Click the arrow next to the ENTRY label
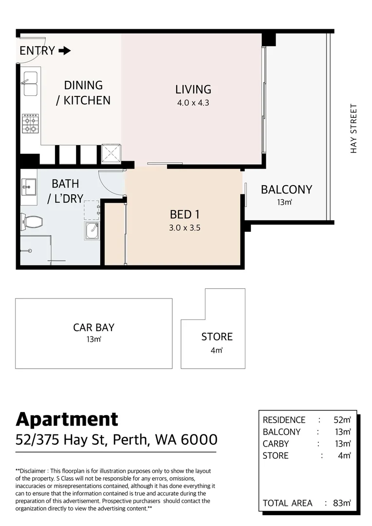coord(64,51)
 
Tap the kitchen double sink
coord(30,84)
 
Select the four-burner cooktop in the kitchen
coord(30,123)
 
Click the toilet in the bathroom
coord(32,223)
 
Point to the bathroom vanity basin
coord(29,186)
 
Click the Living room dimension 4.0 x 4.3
coord(193,103)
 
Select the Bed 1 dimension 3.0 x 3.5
coord(185,227)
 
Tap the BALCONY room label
coord(286,189)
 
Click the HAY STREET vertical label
coord(353,129)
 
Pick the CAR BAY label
coord(93,327)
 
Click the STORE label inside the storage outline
coord(217,337)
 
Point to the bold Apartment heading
coord(67,419)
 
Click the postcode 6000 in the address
coord(199,440)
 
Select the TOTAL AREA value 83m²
coord(342,503)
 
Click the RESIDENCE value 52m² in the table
coord(342,420)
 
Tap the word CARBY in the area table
coord(276,444)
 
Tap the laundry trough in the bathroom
coord(93,230)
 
